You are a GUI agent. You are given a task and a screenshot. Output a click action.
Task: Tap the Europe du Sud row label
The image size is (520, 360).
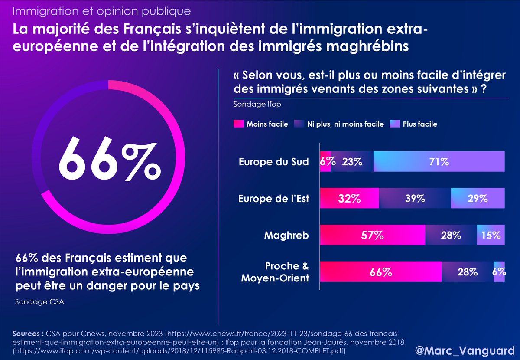pos(274,162)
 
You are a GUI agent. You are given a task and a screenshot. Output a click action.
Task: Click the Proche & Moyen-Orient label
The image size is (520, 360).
pos(275,272)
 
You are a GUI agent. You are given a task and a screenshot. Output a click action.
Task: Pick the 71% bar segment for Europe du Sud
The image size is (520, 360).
pos(439,162)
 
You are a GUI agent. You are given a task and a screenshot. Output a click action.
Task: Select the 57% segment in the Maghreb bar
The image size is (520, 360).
pos(373,236)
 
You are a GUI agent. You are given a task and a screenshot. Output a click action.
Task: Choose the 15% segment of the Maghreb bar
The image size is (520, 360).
pos(491,236)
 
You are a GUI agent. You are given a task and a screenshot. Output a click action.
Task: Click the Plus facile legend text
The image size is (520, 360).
pos(420,124)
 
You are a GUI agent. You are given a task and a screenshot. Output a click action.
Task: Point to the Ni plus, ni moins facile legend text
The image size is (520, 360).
pos(346,124)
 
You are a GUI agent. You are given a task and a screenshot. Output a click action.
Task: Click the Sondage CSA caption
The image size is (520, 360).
pos(39,302)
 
